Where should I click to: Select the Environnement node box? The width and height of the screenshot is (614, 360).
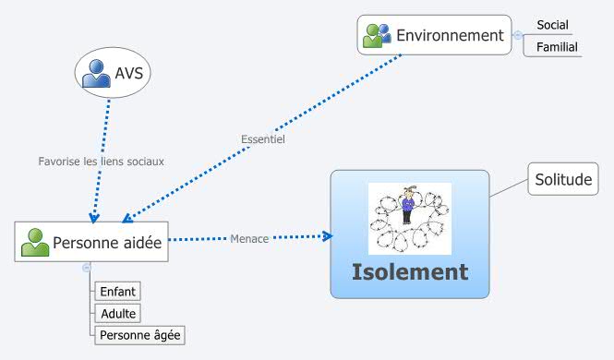[x=434, y=35]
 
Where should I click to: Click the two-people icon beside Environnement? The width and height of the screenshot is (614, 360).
[x=377, y=36]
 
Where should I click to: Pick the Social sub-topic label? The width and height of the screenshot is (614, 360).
[x=553, y=25]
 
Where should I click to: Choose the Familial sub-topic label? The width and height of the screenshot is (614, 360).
[x=558, y=46]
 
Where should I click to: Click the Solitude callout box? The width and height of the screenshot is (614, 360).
[x=562, y=180]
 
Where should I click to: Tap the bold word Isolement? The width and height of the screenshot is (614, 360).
[x=409, y=272]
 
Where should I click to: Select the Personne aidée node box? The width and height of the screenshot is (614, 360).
[x=92, y=242]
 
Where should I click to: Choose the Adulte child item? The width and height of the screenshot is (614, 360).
[x=118, y=314]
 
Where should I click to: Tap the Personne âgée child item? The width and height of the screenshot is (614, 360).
[x=140, y=334]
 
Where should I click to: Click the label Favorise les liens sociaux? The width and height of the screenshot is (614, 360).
[x=101, y=161]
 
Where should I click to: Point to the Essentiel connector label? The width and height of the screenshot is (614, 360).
[x=262, y=140]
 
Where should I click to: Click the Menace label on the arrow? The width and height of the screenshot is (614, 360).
[x=249, y=239]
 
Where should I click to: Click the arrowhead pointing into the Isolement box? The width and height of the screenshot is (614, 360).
[x=326, y=236]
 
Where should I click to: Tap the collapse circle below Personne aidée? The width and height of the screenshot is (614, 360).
[x=87, y=267]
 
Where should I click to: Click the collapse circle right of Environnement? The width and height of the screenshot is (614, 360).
[x=518, y=35]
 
